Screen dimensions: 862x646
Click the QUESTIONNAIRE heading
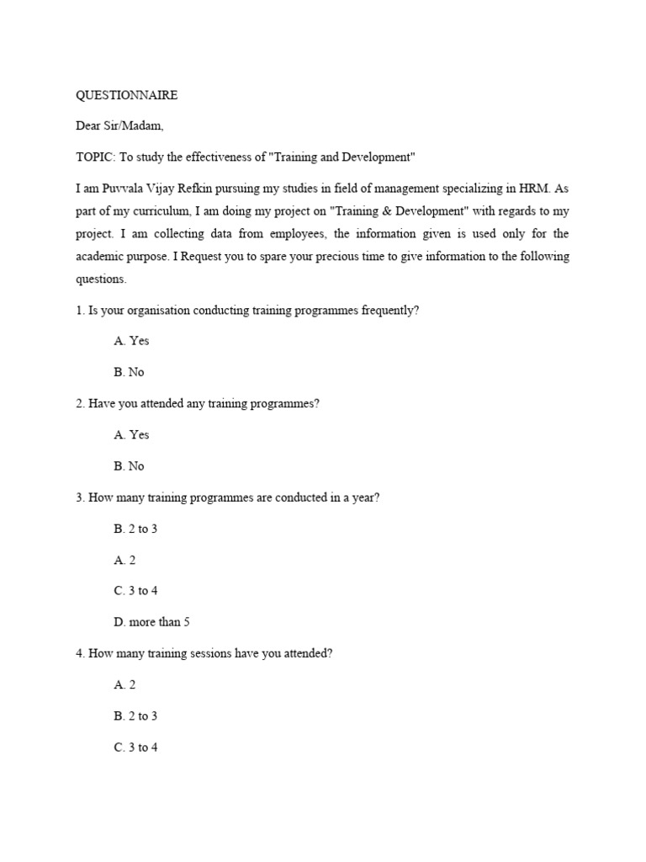click(126, 95)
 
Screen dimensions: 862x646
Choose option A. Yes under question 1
click(131, 341)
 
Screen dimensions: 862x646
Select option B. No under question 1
click(129, 372)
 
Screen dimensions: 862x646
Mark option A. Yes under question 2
click(131, 434)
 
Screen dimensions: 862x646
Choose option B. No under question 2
click(129, 466)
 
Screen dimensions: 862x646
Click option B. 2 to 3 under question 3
click(135, 528)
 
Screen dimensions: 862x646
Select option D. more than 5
click(146, 621)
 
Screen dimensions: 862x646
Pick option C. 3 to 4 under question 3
click(135, 590)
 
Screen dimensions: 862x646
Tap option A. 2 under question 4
click(124, 684)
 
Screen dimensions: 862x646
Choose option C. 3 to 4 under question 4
click(135, 747)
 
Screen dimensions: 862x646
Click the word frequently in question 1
click(389, 311)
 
